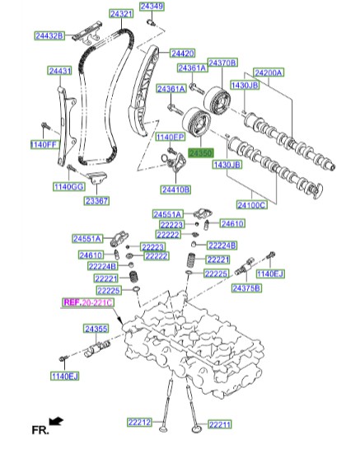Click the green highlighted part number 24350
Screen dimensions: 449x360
[200, 153]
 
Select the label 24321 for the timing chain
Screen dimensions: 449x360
[121, 15]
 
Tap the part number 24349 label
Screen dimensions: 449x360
[152, 7]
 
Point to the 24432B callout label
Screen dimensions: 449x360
[50, 35]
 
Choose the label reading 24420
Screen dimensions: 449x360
[182, 53]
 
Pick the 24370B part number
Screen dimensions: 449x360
[222, 63]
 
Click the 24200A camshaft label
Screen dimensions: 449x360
[268, 72]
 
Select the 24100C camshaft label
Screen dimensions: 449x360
[251, 203]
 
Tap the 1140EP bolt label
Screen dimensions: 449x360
[170, 137]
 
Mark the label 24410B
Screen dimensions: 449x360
[175, 189]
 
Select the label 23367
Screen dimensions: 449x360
[96, 200]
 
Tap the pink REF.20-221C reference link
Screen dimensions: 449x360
[87, 303]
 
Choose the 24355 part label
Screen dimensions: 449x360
[96, 329]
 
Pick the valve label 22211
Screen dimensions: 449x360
[220, 424]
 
